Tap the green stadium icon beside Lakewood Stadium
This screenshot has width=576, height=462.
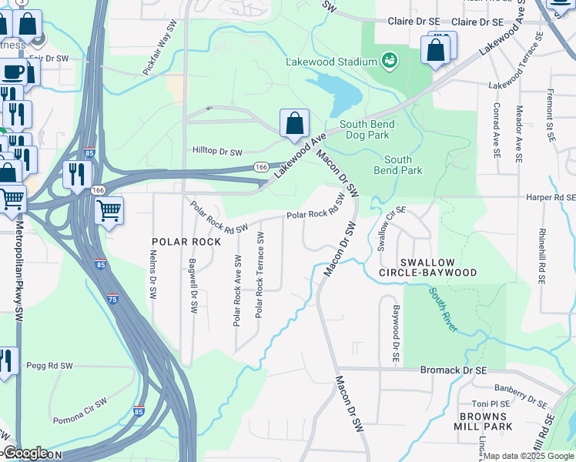click(x=390, y=60)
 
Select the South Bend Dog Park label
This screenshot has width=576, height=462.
click(x=367, y=129)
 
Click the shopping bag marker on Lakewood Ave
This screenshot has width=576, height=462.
click(x=294, y=123)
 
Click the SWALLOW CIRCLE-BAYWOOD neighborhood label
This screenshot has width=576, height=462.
click(x=428, y=267)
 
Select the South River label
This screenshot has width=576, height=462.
click(x=444, y=310)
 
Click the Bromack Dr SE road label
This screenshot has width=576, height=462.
click(x=454, y=370)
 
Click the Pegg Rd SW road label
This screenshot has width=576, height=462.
click(x=49, y=366)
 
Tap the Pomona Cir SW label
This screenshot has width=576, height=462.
click(x=80, y=413)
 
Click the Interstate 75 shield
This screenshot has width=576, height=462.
click(x=113, y=300)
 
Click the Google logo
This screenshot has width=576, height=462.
click(x=25, y=453)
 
